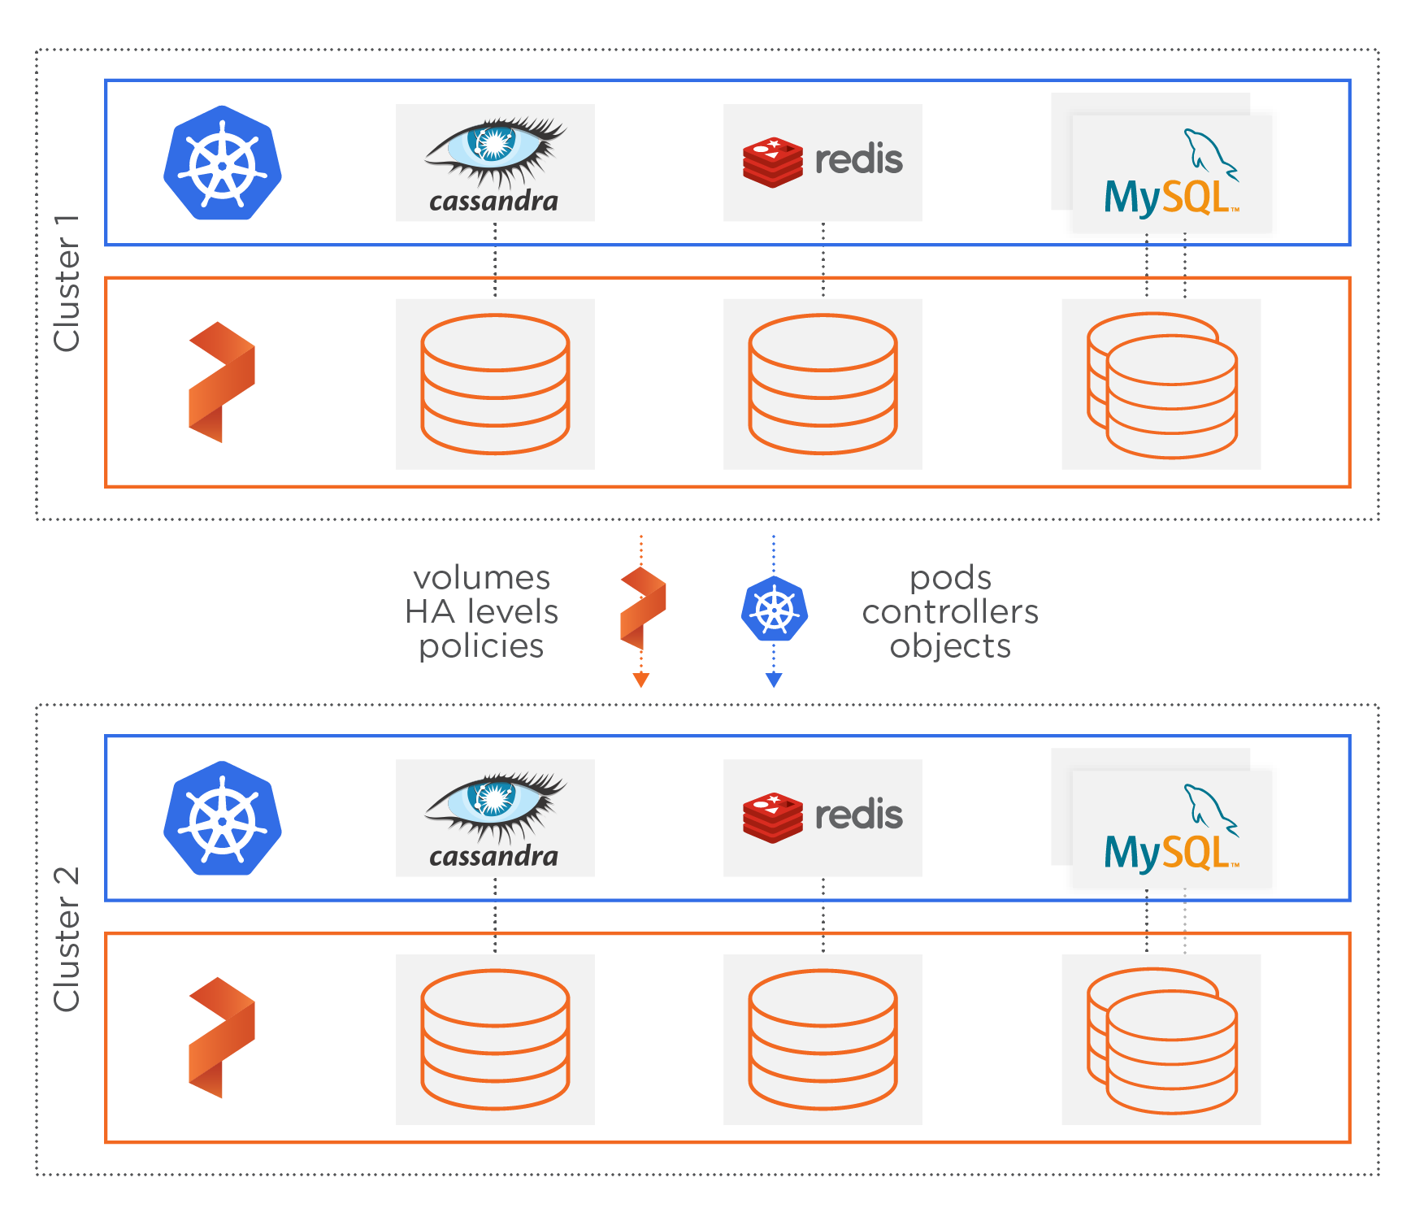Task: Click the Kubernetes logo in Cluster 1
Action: pos(222,163)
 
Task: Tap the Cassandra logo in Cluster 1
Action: pos(495,163)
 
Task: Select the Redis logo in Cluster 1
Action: pos(823,162)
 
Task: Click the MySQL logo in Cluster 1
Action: pos(1171,175)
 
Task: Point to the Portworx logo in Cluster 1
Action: pos(222,382)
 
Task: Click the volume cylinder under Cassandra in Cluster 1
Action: pos(495,384)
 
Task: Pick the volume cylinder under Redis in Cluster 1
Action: pos(823,384)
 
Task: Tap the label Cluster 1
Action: pos(67,284)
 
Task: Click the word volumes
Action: pos(482,578)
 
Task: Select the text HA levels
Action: pos(482,612)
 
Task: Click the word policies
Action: pos(481,646)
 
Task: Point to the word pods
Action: pos(950,578)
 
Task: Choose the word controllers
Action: pos(950,612)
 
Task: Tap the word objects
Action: pos(950,646)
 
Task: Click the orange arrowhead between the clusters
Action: pos(641,680)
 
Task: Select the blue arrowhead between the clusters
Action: pos(774,680)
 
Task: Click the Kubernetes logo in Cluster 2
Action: pos(222,819)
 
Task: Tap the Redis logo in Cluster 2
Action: pos(823,817)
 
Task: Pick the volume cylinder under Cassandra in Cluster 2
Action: pos(495,1040)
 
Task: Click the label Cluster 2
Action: pos(67,940)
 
